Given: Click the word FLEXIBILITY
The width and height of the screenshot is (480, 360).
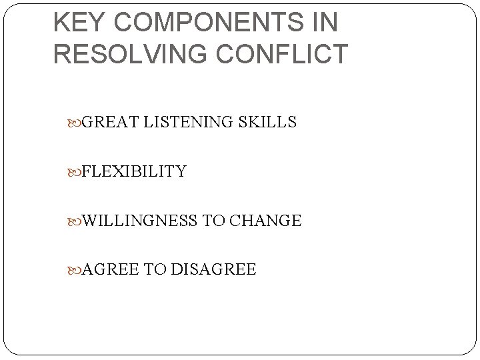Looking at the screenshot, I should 134,171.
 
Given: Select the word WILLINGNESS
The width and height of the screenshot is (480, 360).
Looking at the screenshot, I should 140,220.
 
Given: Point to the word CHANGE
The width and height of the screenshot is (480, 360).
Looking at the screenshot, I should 265,220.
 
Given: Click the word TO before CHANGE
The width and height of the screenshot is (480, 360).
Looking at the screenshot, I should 214,220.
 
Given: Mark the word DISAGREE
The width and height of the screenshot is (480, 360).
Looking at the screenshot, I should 213,269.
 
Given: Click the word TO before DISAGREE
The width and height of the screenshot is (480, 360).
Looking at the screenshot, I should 155,269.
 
